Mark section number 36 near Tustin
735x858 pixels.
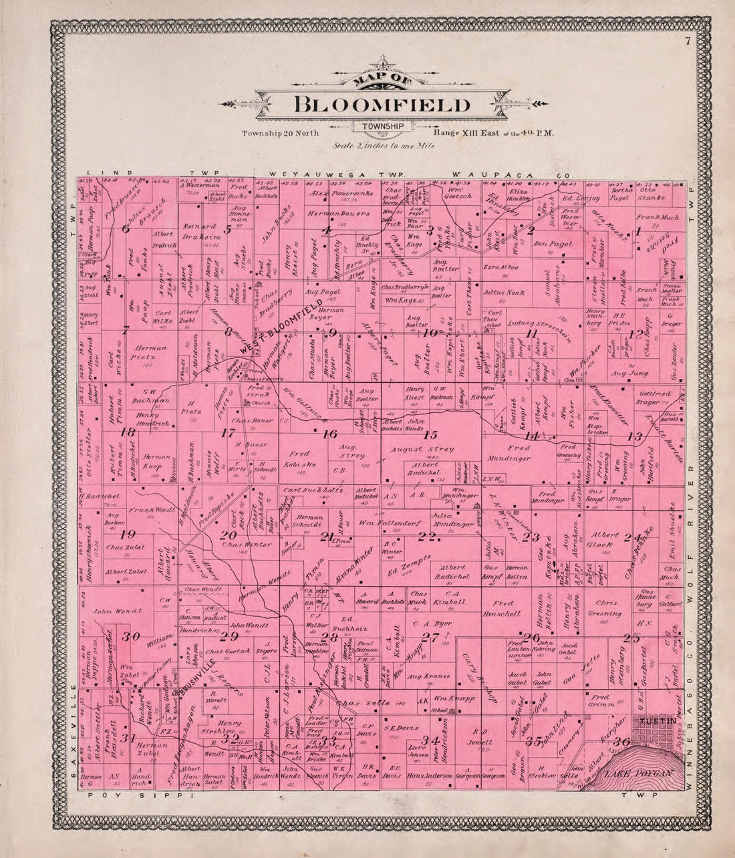point(621,741)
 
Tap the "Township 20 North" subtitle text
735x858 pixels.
point(275,133)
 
